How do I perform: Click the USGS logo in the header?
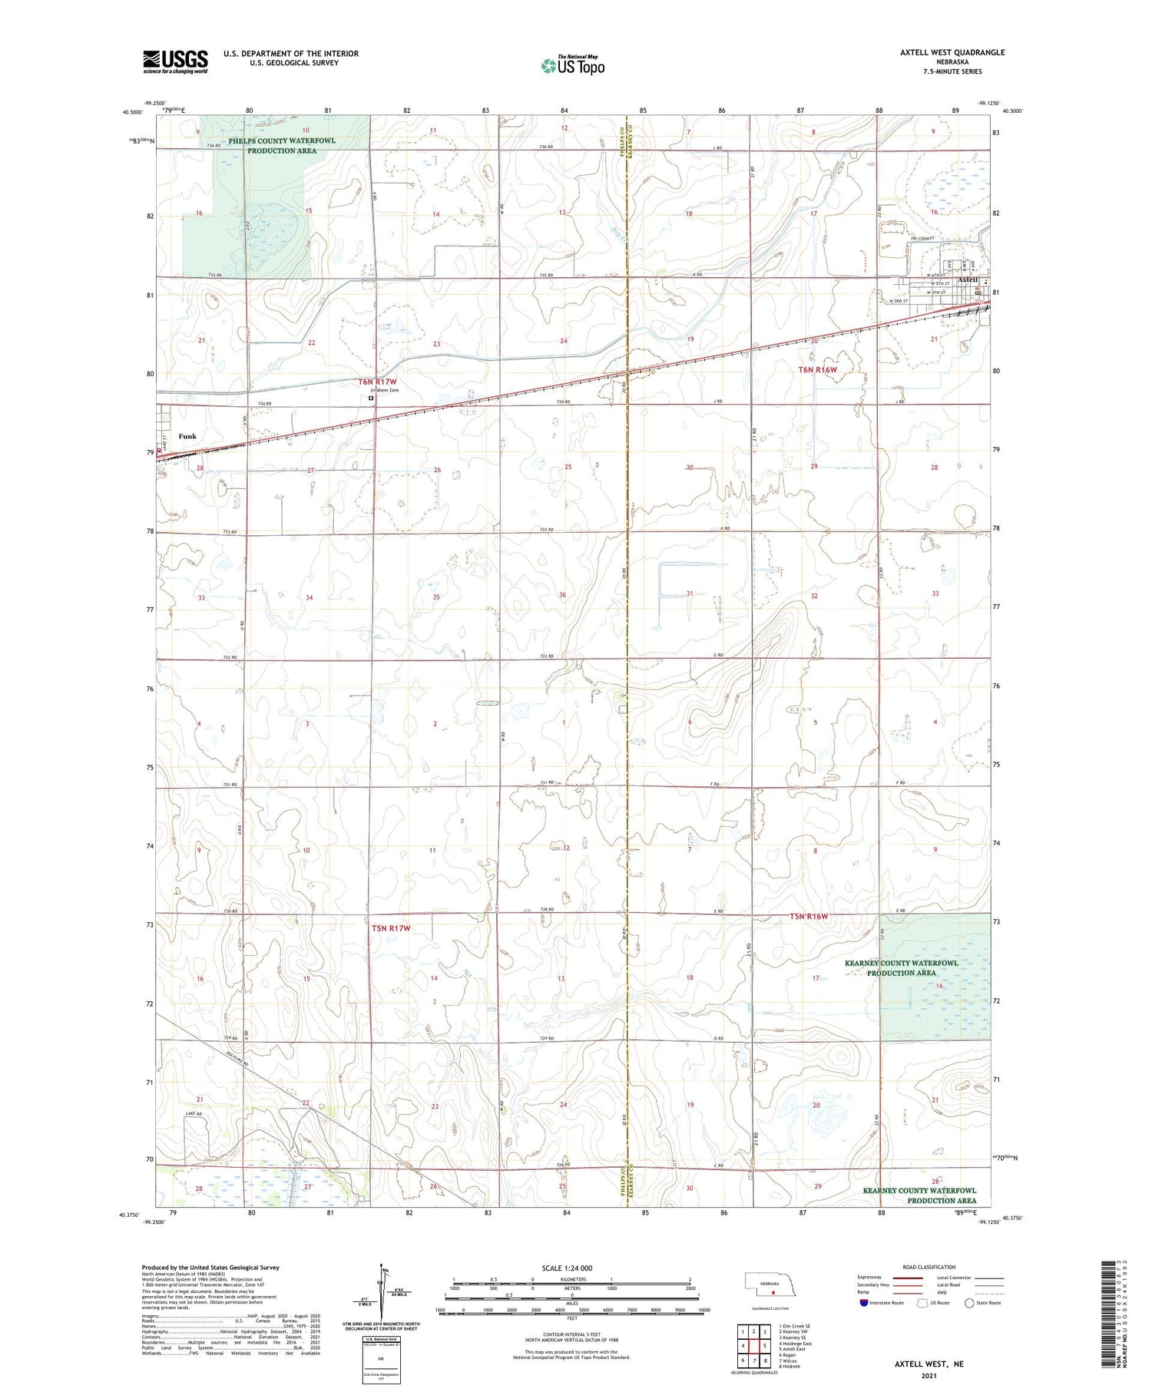coord(175,61)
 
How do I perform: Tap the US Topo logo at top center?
coord(572,66)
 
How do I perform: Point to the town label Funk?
coord(187,436)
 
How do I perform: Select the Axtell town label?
coord(967,280)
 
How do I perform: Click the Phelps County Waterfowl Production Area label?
coord(281,146)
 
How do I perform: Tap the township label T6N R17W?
coord(377,382)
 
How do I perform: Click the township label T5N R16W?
coord(819,916)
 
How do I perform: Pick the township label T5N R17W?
coord(391,928)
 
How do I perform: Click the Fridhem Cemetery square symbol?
coord(371,398)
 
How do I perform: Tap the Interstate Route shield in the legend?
coord(864,1303)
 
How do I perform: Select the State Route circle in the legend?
coord(969,1303)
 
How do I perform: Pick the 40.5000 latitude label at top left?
coord(132,112)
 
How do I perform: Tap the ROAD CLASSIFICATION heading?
coord(929,1267)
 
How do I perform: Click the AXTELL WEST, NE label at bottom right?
coord(929,1364)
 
